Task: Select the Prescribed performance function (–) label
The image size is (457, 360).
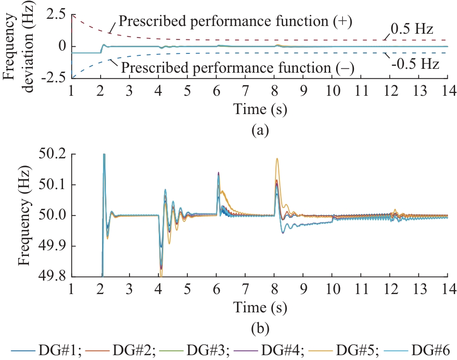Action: pos(237,68)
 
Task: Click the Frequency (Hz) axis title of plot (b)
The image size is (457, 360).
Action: pos(24,215)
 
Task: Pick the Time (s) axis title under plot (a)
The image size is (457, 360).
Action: pos(260,110)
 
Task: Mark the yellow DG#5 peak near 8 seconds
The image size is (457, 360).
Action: pos(277,159)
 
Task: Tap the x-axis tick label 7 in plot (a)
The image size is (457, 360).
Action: pos(245,91)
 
